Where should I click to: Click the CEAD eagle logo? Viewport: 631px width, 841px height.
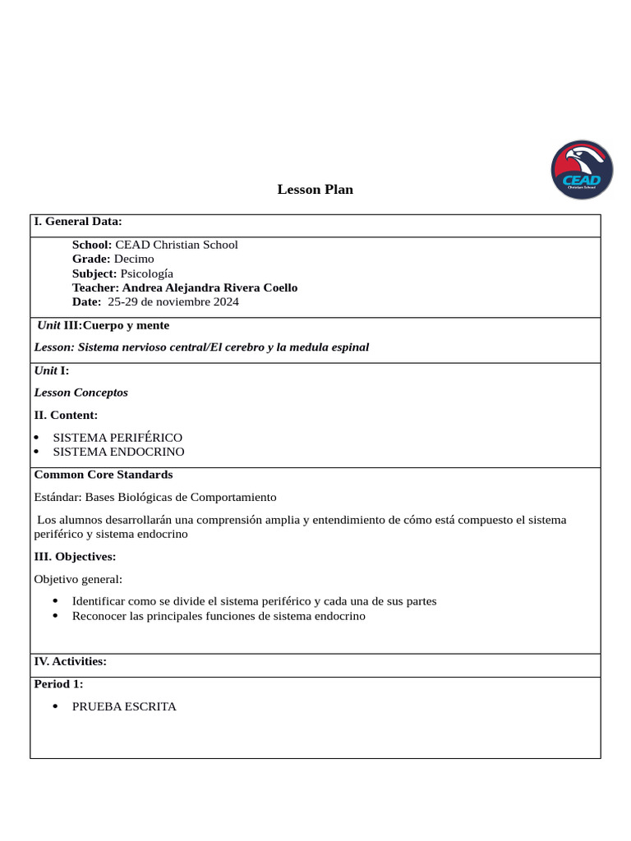(582, 170)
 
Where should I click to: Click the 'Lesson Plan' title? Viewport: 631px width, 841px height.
(315, 190)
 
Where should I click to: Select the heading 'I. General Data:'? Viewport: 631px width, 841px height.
(78, 221)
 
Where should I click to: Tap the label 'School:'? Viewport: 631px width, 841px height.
(92, 245)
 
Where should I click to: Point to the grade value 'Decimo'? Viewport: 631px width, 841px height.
(134, 259)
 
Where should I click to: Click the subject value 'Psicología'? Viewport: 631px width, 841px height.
(147, 273)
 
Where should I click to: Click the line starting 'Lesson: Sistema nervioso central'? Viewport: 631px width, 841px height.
(201, 347)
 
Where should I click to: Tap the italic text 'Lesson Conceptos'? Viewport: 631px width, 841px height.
(81, 393)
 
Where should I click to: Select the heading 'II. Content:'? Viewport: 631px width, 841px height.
(66, 416)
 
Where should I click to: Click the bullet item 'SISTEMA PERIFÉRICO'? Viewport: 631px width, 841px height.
(117, 438)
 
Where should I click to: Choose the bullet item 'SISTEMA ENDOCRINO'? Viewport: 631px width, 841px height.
(118, 452)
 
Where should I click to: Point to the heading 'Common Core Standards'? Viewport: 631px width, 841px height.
(103, 475)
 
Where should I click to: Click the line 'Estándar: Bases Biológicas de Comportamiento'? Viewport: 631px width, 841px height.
(155, 497)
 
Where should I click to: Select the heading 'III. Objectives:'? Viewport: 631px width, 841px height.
(75, 557)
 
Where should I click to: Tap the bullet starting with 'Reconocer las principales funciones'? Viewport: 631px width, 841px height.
(219, 616)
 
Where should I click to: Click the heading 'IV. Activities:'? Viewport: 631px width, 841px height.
(70, 661)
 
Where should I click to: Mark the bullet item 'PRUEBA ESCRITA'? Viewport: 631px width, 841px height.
(124, 706)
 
